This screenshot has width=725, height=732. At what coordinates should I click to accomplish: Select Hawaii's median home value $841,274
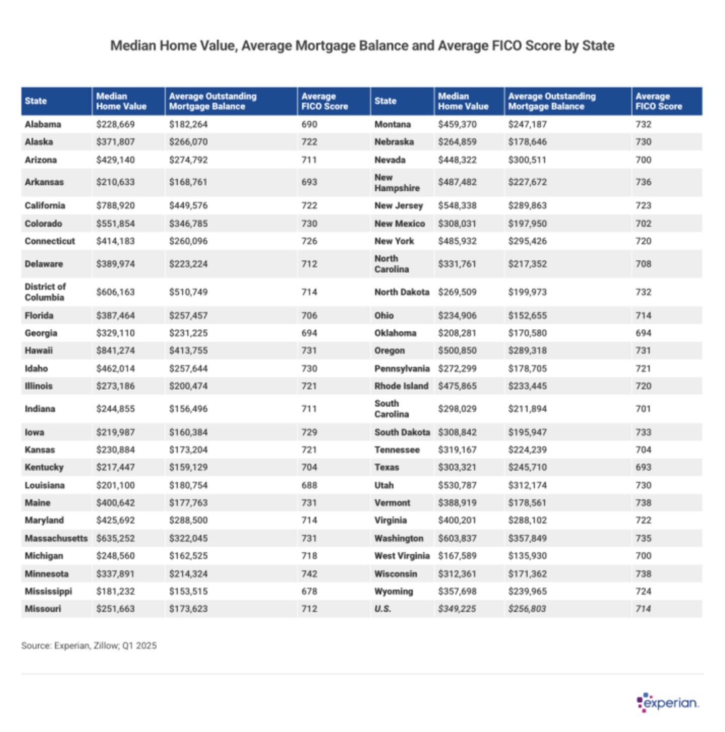click(x=115, y=350)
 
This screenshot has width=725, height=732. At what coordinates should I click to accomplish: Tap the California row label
click(x=45, y=205)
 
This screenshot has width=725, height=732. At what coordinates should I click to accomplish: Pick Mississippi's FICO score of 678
click(x=309, y=591)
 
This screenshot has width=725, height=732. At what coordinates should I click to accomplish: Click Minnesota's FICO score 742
click(x=309, y=573)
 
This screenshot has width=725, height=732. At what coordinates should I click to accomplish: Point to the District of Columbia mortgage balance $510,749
click(x=188, y=292)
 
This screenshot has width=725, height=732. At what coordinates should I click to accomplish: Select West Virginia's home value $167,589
click(x=457, y=556)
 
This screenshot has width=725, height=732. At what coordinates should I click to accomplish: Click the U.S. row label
click(x=383, y=609)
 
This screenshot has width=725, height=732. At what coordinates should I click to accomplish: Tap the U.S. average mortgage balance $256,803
click(x=527, y=609)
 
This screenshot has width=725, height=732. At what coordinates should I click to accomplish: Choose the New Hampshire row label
click(x=397, y=182)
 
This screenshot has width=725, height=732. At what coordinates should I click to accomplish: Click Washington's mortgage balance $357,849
click(x=527, y=538)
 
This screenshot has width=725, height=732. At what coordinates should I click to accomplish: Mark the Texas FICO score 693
click(x=643, y=467)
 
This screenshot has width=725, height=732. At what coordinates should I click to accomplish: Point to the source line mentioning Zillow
click(x=89, y=645)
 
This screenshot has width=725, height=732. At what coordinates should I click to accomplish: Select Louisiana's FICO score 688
click(x=309, y=485)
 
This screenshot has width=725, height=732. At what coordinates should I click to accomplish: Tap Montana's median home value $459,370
click(x=457, y=124)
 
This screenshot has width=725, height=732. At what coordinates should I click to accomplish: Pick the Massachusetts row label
click(x=56, y=538)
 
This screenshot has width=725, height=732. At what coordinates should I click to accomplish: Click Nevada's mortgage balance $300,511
click(x=527, y=160)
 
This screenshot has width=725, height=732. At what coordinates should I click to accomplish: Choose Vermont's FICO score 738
click(x=643, y=502)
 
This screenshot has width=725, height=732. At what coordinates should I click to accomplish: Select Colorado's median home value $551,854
click(x=115, y=224)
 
